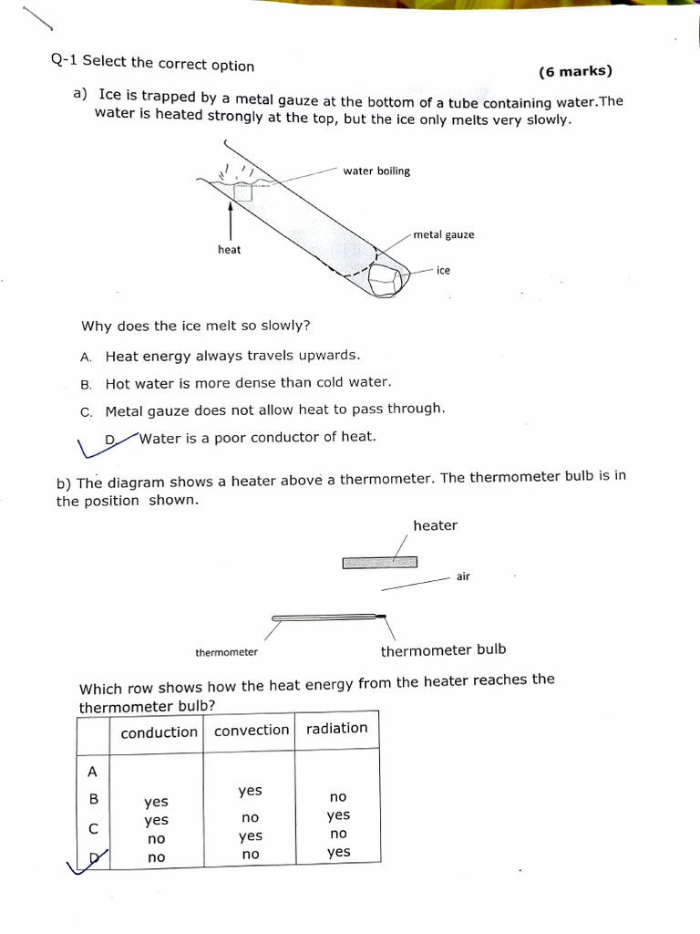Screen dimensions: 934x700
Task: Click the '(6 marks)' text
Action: coord(575,72)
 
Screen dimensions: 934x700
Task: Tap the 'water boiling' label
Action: coord(376,171)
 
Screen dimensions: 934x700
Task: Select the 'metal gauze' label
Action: coord(444,235)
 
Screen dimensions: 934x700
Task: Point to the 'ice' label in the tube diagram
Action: coord(443,271)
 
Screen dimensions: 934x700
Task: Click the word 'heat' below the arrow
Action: coord(230,250)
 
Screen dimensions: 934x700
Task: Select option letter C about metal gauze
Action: coord(87,412)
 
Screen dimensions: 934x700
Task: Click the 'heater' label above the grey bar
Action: coord(435,526)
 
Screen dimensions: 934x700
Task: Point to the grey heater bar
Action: coord(380,563)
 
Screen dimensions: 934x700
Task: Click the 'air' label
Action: coord(463,576)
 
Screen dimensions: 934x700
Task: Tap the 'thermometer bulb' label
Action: coord(443,651)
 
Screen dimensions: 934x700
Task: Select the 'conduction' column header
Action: coord(159,732)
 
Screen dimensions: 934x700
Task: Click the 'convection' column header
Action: coord(251,731)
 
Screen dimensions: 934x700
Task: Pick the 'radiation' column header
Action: coord(336,729)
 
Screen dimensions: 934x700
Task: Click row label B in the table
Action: coord(92,799)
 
